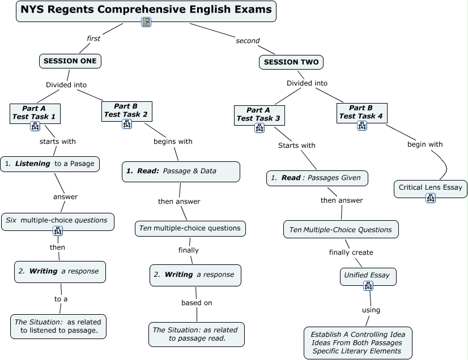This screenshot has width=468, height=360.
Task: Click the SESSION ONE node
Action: point(70,61)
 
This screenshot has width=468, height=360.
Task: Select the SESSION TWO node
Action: point(291,62)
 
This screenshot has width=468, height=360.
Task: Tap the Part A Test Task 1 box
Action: point(35,113)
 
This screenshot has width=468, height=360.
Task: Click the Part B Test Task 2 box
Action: point(126,110)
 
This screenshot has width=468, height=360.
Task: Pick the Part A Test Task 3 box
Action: point(259,114)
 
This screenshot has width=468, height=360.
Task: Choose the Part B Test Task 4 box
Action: point(361,112)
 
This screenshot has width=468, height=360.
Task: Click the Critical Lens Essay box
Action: point(431,187)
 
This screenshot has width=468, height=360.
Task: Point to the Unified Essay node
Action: point(367,275)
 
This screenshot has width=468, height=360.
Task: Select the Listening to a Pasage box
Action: point(50,164)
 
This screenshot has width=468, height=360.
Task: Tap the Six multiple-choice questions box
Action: point(57,220)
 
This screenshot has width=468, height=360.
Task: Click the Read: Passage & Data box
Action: point(181,171)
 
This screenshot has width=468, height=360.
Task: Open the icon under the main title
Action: point(146,22)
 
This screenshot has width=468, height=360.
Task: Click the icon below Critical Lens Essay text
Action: point(431,198)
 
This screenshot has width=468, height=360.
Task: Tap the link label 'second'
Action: point(248,41)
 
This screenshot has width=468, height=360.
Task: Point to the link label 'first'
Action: point(93,38)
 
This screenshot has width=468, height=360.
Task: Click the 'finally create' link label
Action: point(351,252)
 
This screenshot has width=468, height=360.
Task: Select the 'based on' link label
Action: point(197,303)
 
